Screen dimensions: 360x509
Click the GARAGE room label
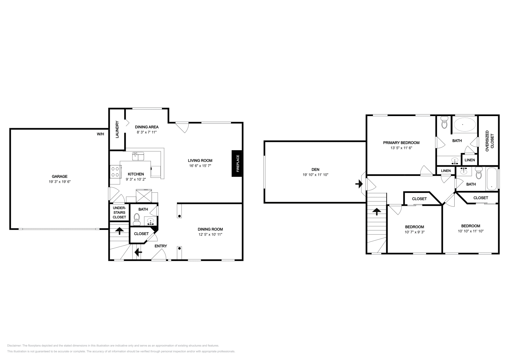(x=59, y=177)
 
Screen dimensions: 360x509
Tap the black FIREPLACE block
(x=237, y=163)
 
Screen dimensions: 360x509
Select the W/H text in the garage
(x=100, y=134)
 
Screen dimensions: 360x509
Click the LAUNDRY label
(x=117, y=129)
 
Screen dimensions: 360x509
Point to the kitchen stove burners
(x=115, y=172)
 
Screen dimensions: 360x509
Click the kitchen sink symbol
(x=138, y=156)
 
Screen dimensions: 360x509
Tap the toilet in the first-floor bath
(x=137, y=218)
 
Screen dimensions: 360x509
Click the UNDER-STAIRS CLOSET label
(x=119, y=212)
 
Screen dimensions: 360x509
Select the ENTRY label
(x=161, y=246)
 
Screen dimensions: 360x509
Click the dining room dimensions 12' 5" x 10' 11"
(x=210, y=234)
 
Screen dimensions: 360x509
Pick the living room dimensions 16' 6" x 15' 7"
(x=200, y=166)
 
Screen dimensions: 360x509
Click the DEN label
(x=315, y=170)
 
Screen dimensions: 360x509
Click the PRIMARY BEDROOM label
(x=401, y=143)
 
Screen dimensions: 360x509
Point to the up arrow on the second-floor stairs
(x=376, y=211)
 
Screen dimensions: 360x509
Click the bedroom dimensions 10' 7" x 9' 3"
(x=414, y=232)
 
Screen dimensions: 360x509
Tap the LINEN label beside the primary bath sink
(x=470, y=160)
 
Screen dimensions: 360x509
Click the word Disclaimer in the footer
(x=14, y=345)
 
